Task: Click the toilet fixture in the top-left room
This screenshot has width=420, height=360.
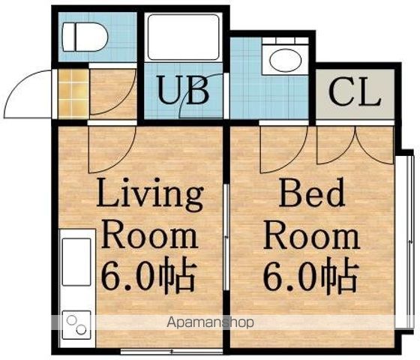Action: (x=85, y=37)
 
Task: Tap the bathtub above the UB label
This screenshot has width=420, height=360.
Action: (x=184, y=37)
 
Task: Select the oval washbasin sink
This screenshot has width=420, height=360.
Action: (x=284, y=60)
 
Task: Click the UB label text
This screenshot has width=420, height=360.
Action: (x=183, y=90)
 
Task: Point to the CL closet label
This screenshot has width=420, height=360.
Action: (x=354, y=92)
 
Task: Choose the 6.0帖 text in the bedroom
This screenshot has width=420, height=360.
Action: (x=310, y=274)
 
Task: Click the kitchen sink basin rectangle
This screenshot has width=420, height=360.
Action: (x=76, y=262)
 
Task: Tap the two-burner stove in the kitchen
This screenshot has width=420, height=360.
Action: (x=76, y=325)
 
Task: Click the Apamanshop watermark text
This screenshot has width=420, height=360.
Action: (x=210, y=322)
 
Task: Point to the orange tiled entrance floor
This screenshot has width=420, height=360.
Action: (x=73, y=94)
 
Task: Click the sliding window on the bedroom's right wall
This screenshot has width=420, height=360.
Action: (x=409, y=241)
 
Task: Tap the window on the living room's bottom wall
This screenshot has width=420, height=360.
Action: (x=172, y=351)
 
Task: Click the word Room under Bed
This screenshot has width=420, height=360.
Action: (x=311, y=238)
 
